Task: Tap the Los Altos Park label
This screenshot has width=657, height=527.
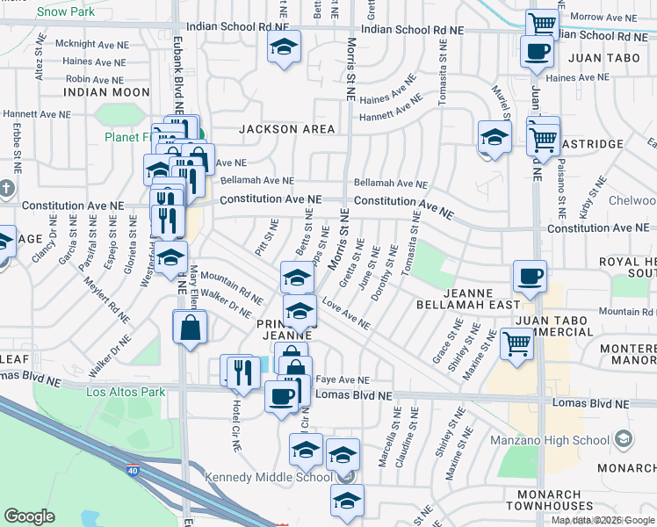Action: (x=126, y=392)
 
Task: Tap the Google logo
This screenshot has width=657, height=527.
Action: (x=29, y=516)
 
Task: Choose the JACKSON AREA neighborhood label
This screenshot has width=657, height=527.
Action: (x=287, y=129)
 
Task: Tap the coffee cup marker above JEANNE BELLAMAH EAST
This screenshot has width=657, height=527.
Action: (x=530, y=276)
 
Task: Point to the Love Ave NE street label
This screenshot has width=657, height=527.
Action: (x=345, y=314)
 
